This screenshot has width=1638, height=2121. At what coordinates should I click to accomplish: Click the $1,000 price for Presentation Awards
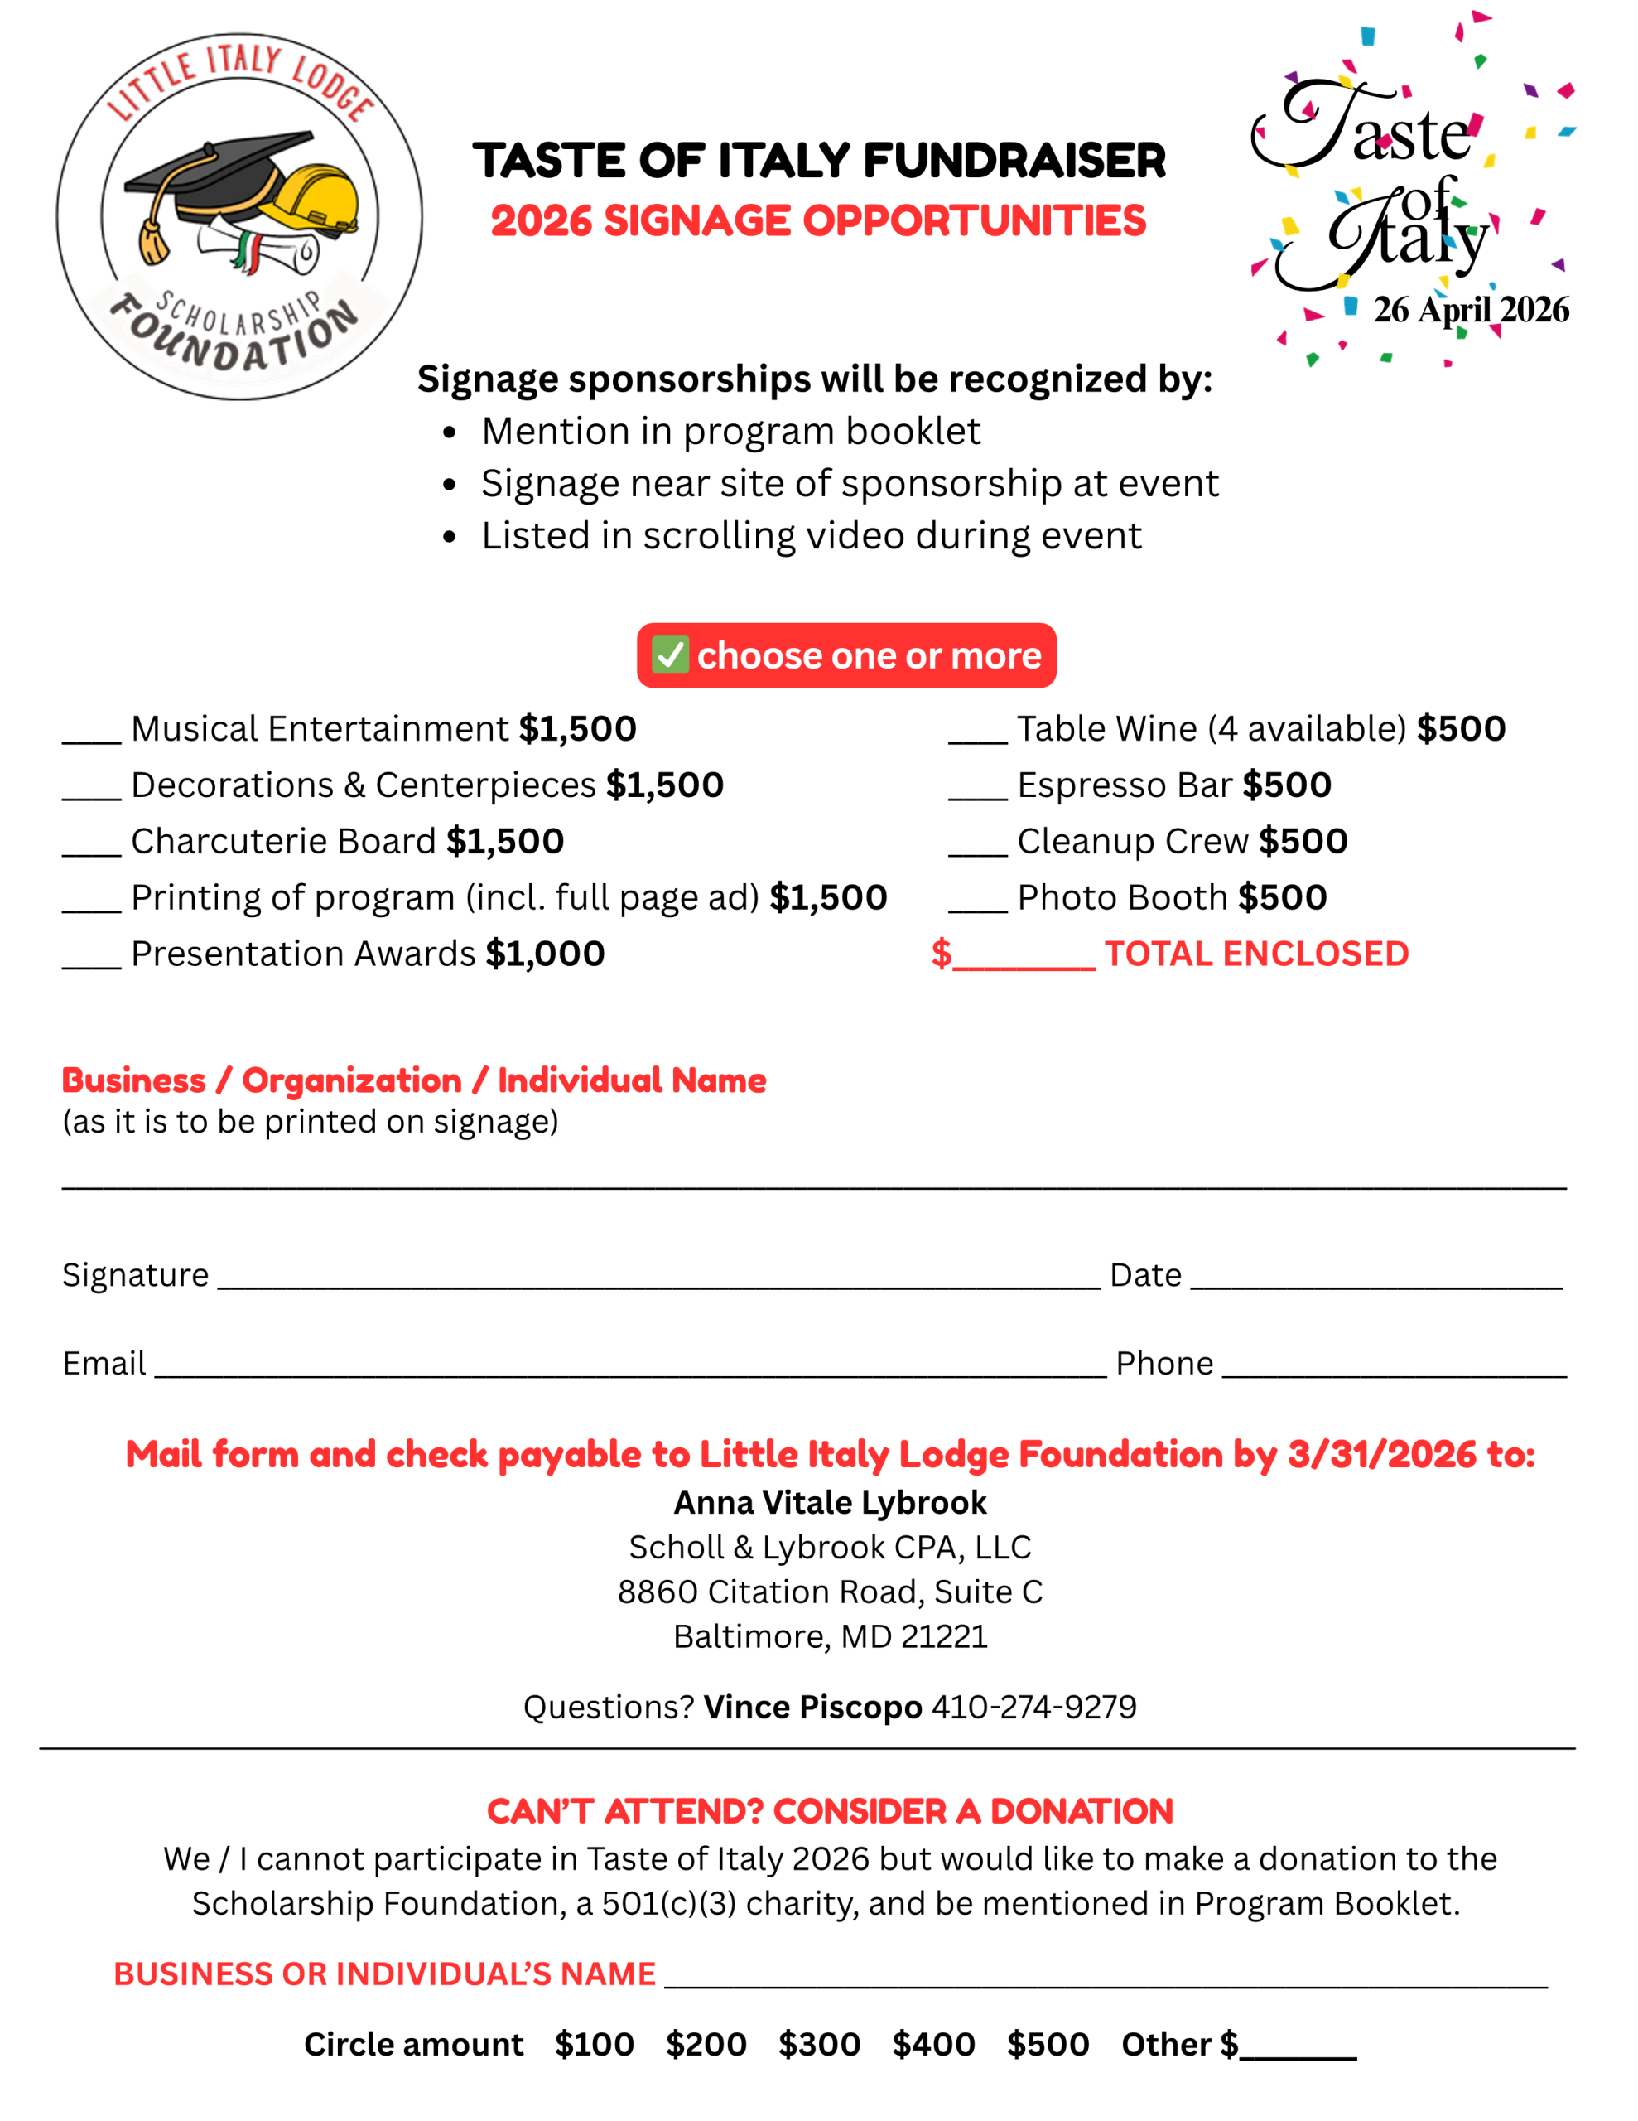pos(545,954)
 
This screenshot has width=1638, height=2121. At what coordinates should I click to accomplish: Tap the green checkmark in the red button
pos(670,655)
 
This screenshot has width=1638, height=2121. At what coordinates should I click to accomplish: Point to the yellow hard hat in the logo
pos(313,199)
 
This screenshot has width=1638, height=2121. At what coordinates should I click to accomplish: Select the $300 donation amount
pos(818,2043)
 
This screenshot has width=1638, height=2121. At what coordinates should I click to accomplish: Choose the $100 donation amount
pos(595,2043)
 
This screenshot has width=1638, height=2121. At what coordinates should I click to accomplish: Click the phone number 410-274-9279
pos(1033,1706)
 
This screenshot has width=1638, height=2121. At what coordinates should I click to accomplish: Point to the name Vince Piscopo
pos(812,1706)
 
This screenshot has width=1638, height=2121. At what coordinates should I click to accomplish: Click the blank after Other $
pos(1298,2049)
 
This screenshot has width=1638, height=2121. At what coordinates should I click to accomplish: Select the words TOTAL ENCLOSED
pos(1255,954)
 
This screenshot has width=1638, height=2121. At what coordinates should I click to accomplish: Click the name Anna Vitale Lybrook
pos(830,1502)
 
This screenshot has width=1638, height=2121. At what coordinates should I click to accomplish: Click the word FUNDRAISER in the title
pos(1014,162)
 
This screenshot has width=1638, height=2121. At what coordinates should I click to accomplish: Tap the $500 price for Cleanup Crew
pos(1303,841)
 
